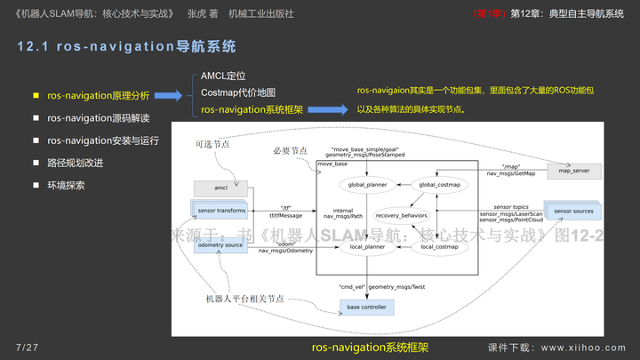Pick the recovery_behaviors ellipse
(x=401, y=215)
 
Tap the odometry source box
(x=220, y=244)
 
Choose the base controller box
(x=366, y=307)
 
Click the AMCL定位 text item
(x=223, y=76)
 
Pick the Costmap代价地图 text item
(x=237, y=93)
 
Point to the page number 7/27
(x=27, y=346)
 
